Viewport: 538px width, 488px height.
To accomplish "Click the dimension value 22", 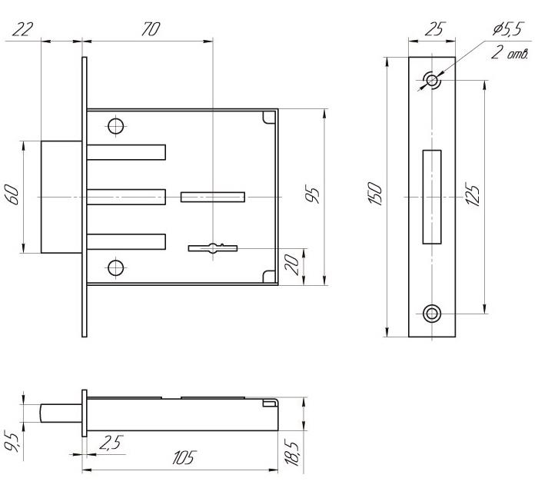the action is [22, 29].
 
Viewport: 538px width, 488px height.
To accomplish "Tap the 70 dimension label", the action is [151, 29].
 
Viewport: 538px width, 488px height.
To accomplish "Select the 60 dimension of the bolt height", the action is [14, 194].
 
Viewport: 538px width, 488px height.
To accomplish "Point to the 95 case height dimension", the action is [313, 194].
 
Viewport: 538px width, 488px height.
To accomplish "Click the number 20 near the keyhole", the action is [293, 264].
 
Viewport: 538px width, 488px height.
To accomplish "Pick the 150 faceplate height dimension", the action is [375, 194].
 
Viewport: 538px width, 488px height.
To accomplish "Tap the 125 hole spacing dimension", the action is [473, 195].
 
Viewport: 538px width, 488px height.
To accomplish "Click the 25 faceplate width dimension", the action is [436, 29].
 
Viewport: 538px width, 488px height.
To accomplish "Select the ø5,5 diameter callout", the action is [508, 29].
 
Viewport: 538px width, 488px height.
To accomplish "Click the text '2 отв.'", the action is [509, 52].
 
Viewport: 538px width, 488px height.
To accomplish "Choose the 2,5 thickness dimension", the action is [111, 443].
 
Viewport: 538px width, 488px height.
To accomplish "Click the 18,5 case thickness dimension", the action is [292, 453].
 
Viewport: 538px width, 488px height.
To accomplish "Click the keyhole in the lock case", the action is [213, 247].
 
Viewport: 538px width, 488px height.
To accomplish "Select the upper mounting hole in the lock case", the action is [115, 126].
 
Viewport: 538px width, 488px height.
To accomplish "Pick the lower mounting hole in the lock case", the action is [115, 267].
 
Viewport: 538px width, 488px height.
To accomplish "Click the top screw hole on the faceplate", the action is [432, 80].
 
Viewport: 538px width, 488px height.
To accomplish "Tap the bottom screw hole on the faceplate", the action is [432, 314].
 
